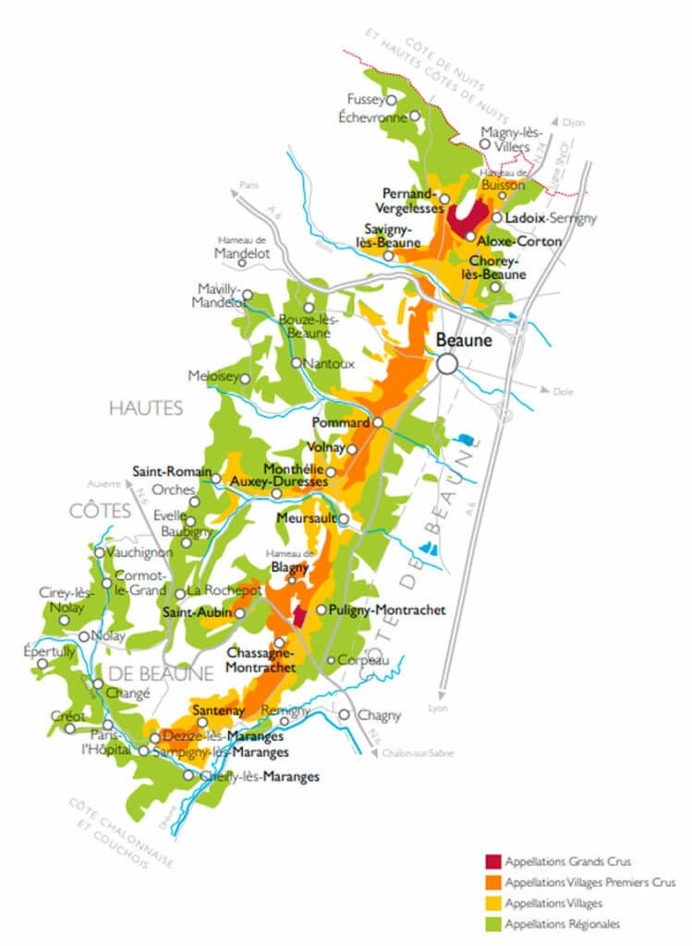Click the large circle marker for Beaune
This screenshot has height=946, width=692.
[448, 364]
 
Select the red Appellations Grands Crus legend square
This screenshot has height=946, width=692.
[492, 862]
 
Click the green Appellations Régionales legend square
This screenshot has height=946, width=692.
[492, 923]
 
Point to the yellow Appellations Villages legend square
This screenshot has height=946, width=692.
[492, 903]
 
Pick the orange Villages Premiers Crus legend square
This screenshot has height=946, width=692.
[492, 882]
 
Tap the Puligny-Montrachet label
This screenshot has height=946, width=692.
[388, 611]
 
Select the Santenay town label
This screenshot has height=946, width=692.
[218, 710]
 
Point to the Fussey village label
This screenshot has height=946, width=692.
[365, 99]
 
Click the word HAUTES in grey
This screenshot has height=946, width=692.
[146, 407]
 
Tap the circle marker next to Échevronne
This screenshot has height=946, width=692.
[415, 116]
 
